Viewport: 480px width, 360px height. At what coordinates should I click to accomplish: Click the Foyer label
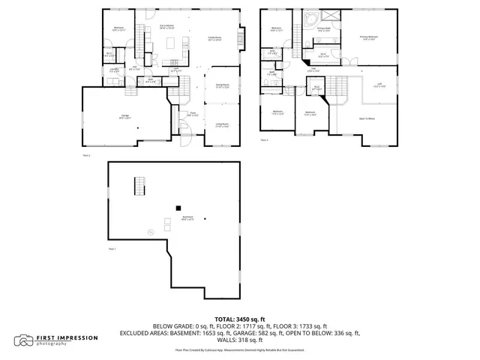pyautogui.click(x=193, y=114)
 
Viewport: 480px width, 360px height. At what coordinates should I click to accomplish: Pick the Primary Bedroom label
pyautogui.click(x=369, y=37)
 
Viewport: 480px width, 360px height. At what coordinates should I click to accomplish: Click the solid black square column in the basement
pyautogui.click(x=178, y=208)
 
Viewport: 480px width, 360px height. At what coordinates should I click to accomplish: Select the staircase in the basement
pyautogui.click(x=137, y=184)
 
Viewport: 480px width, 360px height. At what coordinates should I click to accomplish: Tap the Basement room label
pyautogui.click(x=187, y=218)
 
